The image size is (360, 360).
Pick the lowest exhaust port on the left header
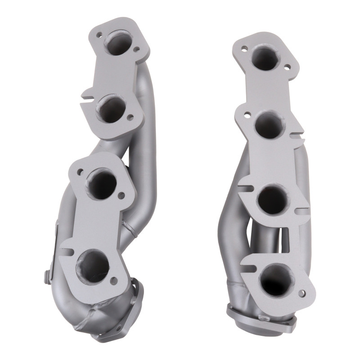pyautogui.click(x=94, y=263)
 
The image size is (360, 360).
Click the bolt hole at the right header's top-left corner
pyautogui.click(x=245, y=46)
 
